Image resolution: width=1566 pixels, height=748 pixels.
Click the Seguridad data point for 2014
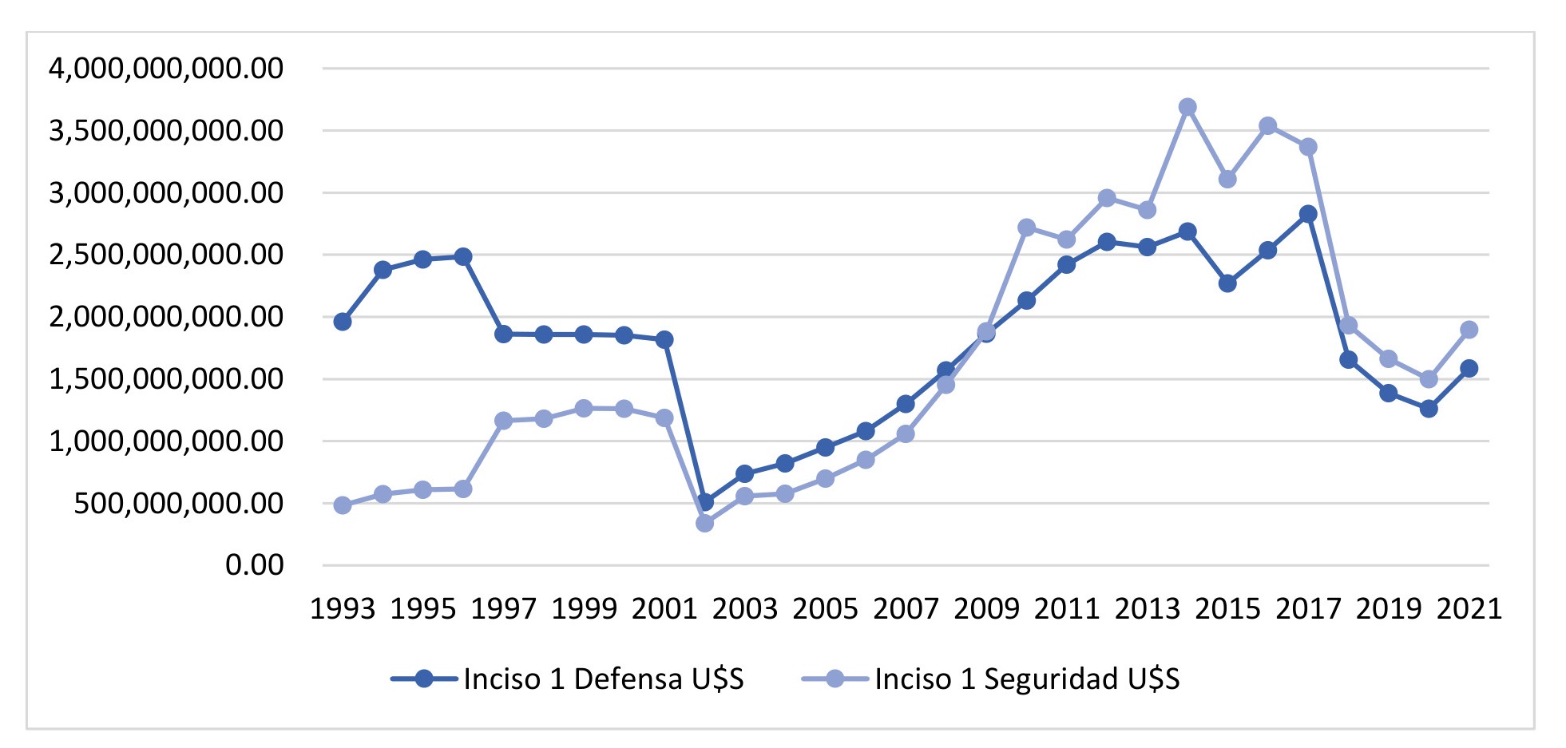[x=1187, y=107]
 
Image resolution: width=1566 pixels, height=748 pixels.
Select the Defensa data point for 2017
[x=1307, y=214]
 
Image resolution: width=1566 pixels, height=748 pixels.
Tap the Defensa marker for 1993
[x=343, y=322]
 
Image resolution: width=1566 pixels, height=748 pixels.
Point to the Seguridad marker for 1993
[x=343, y=505]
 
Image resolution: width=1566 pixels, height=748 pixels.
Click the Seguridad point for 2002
[x=704, y=524]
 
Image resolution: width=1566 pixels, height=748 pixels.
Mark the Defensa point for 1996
[x=463, y=256]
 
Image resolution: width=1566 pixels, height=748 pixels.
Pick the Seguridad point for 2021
[x=1469, y=330]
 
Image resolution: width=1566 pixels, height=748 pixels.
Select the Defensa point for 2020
[x=1429, y=409]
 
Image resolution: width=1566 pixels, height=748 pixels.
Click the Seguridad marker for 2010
[x=1026, y=228]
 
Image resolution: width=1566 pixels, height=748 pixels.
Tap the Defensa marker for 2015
[x=1227, y=283]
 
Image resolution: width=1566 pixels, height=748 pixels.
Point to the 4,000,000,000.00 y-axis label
[x=166, y=69]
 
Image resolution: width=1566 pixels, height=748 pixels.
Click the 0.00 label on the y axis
[x=254, y=565]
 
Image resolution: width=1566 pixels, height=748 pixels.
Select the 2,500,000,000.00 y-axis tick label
[x=166, y=255]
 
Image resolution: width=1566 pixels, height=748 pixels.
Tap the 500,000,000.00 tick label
[x=178, y=504]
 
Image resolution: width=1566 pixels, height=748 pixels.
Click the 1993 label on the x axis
[x=343, y=609]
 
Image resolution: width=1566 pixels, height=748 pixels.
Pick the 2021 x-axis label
[x=1469, y=609]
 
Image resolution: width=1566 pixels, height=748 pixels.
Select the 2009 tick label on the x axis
[x=986, y=609]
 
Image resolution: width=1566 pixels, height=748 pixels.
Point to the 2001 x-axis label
[x=664, y=609]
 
